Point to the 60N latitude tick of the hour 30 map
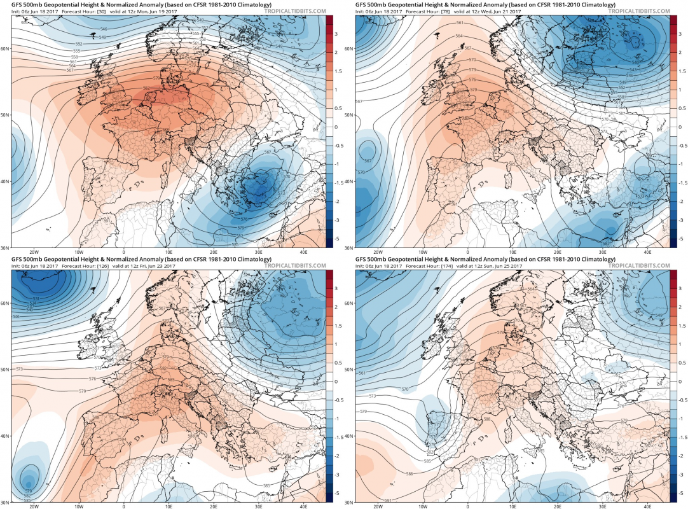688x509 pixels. point(5,48)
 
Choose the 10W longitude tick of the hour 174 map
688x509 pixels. point(423,506)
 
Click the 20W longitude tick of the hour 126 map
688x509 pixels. point(34,506)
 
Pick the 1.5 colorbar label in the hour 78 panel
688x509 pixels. point(680,71)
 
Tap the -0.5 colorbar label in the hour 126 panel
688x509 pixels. point(336,399)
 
